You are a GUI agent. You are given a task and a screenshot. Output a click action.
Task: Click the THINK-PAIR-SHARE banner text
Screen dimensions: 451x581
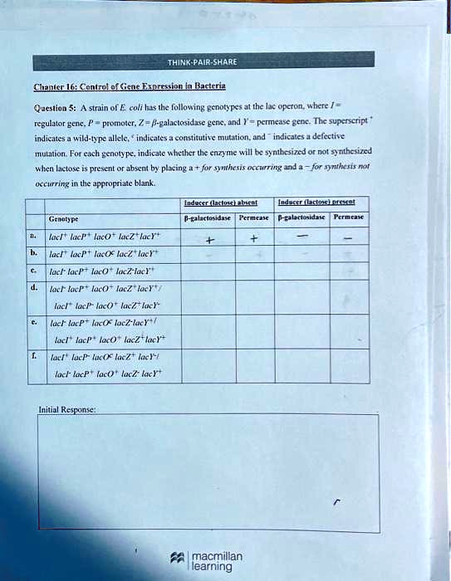[x=202, y=61]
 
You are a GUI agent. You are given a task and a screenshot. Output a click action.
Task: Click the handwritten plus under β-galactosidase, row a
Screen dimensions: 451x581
[x=209, y=241]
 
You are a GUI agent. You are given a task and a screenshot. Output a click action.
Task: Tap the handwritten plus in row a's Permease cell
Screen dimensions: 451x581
[x=255, y=240]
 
